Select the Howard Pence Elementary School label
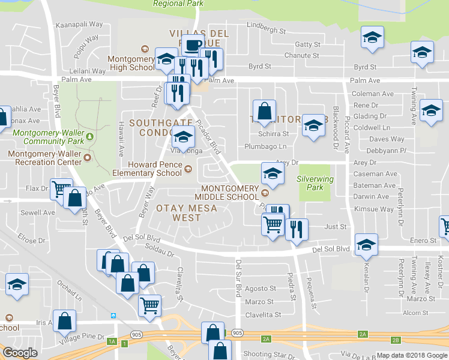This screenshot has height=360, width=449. [154, 169]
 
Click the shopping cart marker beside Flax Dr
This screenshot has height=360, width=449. [61, 189]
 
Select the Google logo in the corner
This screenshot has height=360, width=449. [19, 352]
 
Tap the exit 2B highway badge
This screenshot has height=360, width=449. [395, 340]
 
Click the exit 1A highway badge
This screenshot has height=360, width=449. [112, 341]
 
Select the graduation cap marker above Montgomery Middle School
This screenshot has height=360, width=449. [273, 174]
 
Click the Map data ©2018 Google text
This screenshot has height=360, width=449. [412, 355]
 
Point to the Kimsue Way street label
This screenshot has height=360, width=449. [375, 209]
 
